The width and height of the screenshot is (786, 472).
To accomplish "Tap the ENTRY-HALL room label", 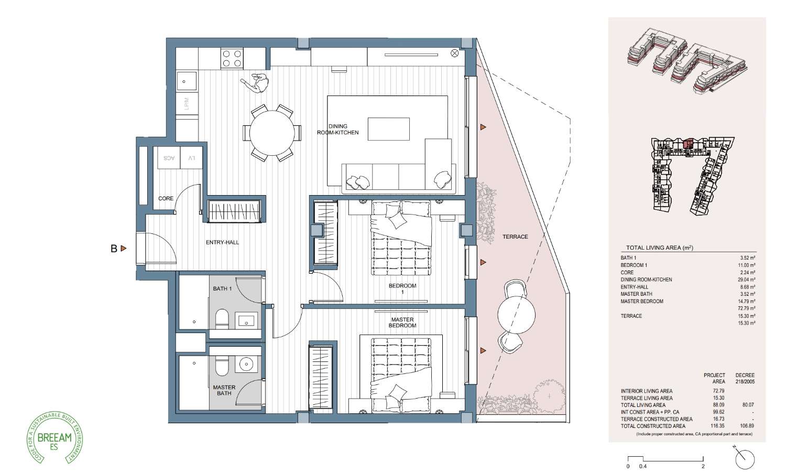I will click(222, 242).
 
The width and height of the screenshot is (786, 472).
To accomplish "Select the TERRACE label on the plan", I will click(515, 237).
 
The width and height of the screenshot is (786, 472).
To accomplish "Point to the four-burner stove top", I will click(232, 58).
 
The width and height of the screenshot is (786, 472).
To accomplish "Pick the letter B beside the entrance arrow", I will click(114, 249).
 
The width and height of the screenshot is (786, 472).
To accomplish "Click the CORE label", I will click(166, 199).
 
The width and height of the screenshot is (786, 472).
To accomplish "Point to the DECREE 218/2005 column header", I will click(745, 379).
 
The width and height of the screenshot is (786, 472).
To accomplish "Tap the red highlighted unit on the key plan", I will click(689, 143).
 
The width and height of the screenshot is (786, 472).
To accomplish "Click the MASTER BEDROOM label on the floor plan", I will click(402, 323).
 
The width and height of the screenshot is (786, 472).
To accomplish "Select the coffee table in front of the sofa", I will click(388, 129).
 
